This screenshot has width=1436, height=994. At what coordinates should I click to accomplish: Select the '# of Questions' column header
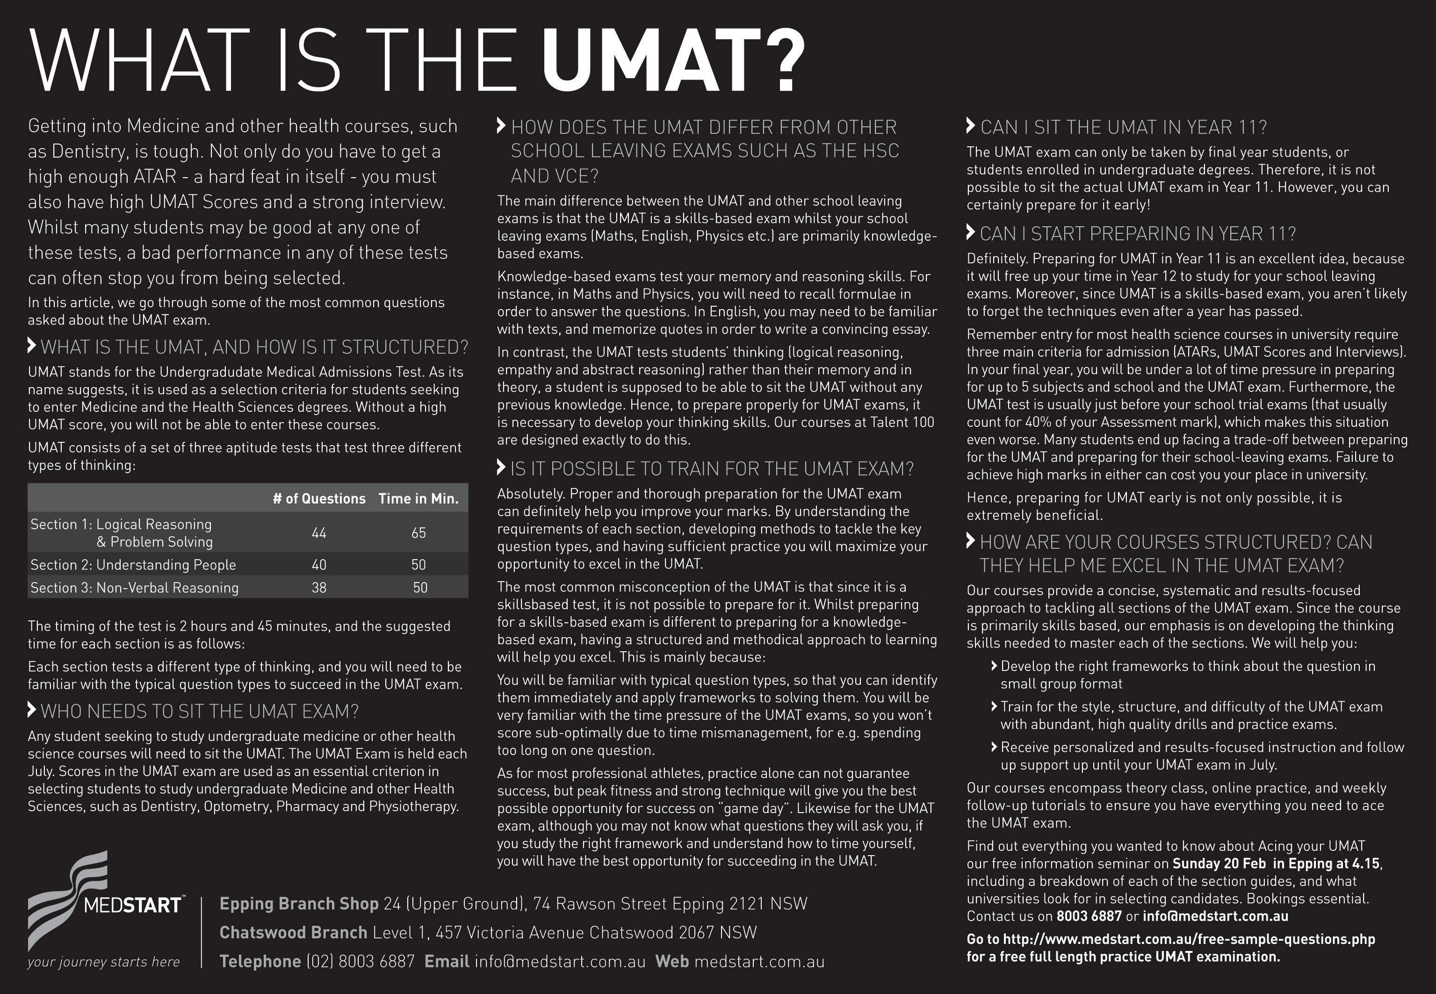pyautogui.click(x=319, y=499)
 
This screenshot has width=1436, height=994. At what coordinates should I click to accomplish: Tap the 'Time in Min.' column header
pyautogui.click(x=419, y=499)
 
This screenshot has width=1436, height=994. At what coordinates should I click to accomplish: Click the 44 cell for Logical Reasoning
pyautogui.click(x=319, y=533)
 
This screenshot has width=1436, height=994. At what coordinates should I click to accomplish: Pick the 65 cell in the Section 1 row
pyautogui.click(x=419, y=533)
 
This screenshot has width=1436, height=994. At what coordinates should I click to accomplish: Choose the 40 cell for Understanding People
pyautogui.click(x=319, y=565)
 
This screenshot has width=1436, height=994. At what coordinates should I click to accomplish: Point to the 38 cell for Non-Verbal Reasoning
pyautogui.click(x=319, y=588)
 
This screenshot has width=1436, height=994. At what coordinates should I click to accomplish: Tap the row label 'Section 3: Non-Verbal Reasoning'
pyautogui.click(x=135, y=588)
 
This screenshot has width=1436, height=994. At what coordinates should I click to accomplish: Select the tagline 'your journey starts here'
pyautogui.click(x=103, y=962)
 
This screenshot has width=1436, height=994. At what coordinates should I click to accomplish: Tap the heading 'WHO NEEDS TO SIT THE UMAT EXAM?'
pyautogui.click(x=199, y=711)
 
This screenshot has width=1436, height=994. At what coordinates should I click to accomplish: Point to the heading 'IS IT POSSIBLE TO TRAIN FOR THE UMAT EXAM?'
pyautogui.click(x=712, y=469)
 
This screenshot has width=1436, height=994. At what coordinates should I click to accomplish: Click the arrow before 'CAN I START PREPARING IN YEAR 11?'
pyautogui.click(x=970, y=233)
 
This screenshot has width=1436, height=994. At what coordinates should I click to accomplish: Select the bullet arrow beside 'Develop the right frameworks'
pyautogui.click(x=994, y=666)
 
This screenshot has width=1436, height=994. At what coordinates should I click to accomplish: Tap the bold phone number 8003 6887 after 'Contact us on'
pyautogui.click(x=1089, y=916)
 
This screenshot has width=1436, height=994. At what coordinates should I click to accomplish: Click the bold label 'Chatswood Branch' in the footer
pyautogui.click(x=293, y=932)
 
